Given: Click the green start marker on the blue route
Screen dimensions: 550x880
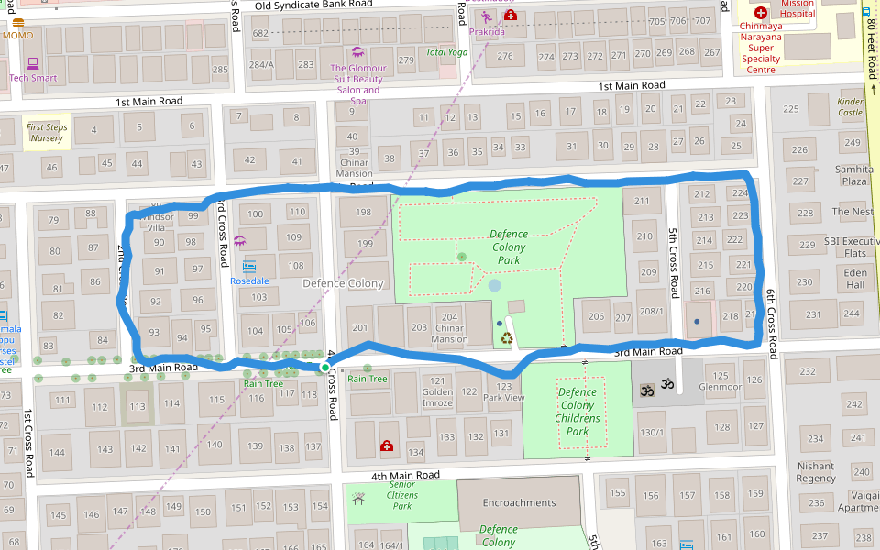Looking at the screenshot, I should coord(324,368).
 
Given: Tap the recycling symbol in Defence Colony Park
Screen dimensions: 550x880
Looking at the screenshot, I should coord(507,338).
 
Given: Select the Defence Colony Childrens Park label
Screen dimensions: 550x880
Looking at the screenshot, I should coord(577,412).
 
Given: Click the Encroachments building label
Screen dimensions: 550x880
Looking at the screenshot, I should coord(519,502).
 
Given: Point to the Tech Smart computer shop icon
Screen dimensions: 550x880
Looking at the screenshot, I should coord(33,63).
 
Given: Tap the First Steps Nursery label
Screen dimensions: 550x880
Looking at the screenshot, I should coord(46,133).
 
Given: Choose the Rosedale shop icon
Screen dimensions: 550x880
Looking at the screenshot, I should coord(248,267).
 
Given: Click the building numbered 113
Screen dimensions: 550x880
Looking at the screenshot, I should coord(137,406).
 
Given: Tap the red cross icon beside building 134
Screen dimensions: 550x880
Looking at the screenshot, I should coord(388,446).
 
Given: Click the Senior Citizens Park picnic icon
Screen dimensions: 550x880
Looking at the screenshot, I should coord(358,499).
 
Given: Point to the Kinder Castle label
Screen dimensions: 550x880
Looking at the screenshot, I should coord(850,107).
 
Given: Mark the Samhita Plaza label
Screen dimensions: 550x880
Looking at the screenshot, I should coord(853,175).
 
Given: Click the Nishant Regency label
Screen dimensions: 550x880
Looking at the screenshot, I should coord(816,472).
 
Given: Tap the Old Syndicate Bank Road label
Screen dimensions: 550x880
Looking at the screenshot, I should coord(313,5).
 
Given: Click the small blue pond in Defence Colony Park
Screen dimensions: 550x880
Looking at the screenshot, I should coord(495,286).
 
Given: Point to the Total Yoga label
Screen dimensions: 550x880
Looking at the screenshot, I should coord(446,52).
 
